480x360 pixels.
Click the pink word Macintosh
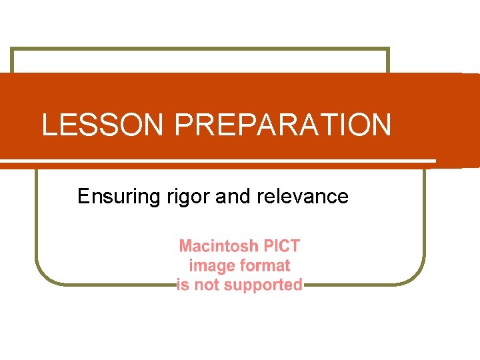[219, 246]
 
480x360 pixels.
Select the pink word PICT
[282, 246]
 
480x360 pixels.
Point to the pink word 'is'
[183, 285]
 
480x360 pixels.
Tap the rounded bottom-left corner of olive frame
[44, 277]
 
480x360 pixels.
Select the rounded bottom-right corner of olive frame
[417, 277]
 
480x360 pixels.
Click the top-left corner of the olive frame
[12, 49]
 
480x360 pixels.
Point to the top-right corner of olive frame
[387, 49]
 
